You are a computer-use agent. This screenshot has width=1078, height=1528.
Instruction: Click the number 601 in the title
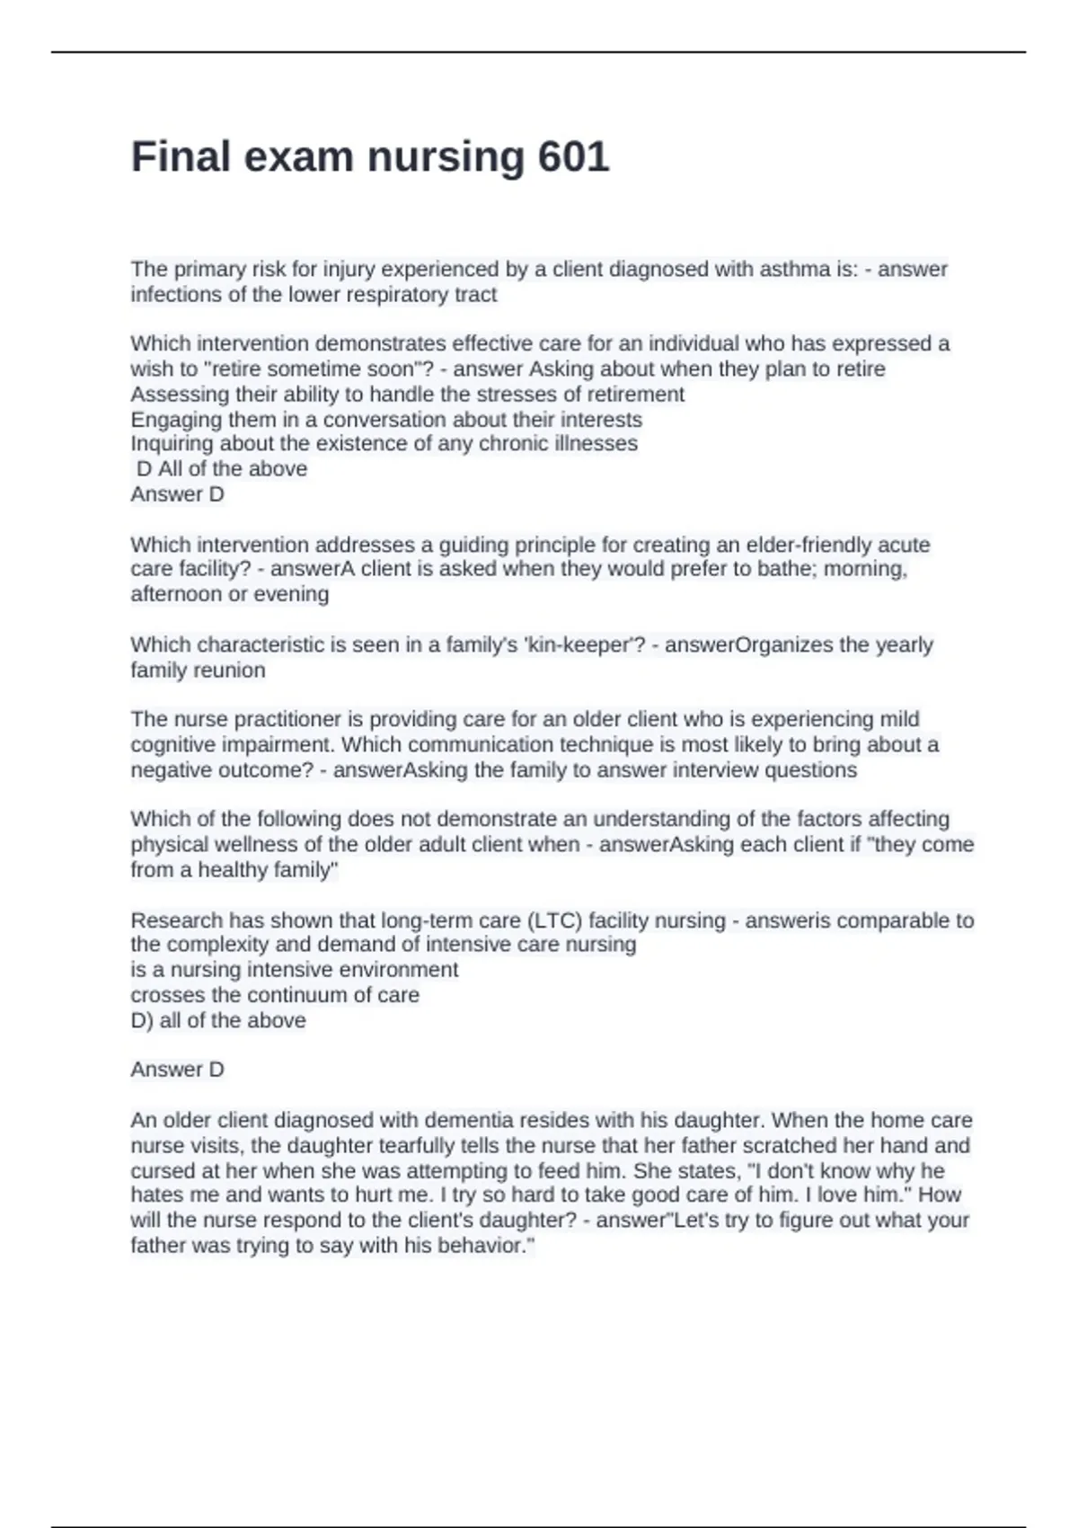[573, 157]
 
